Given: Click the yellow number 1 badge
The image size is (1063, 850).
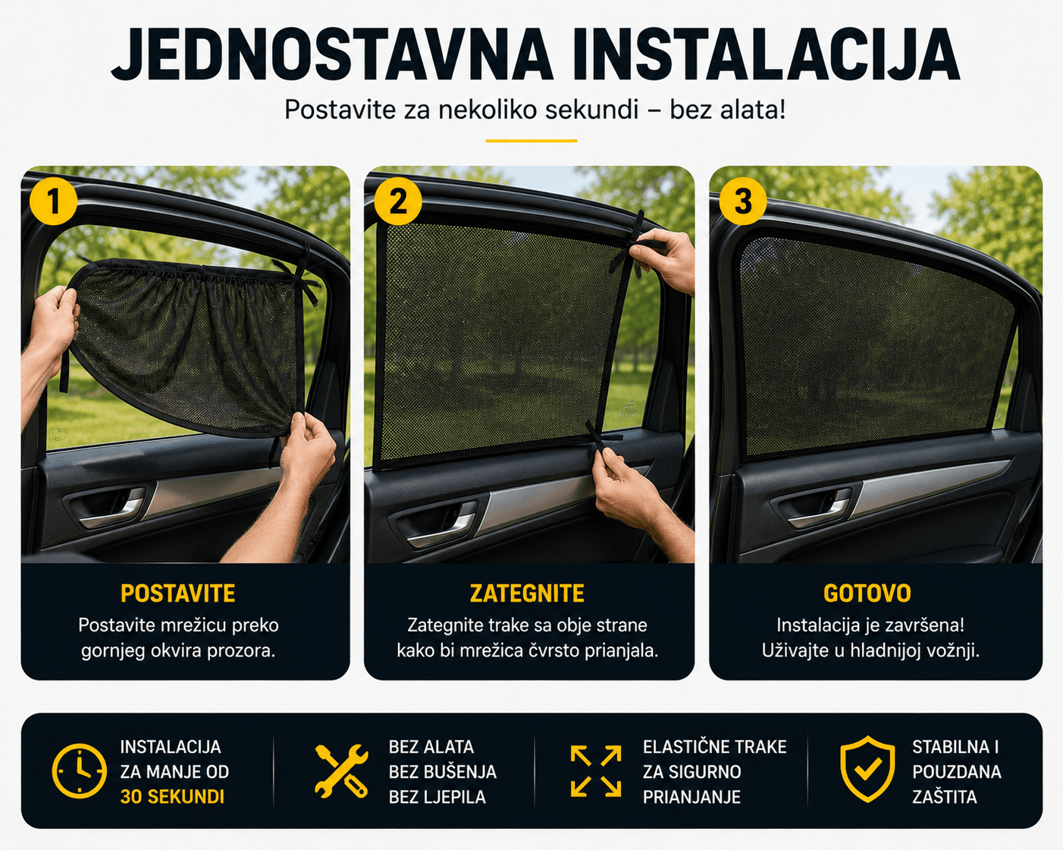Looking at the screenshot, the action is click(53, 201).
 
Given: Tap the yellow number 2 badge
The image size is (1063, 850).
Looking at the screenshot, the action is click(398, 201).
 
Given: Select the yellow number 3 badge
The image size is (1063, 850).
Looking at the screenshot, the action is click(742, 201).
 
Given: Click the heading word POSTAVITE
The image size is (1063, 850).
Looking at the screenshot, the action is click(178, 593).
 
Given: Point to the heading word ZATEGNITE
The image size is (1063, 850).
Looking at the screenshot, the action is click(527, 593).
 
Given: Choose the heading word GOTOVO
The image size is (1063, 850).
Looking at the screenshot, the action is click(867, 593).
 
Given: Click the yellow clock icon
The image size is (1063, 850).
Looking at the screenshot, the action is click(79, 771).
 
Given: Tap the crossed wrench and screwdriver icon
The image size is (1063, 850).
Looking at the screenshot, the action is click(341, 771).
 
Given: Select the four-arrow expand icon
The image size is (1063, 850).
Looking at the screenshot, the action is click(596, 771).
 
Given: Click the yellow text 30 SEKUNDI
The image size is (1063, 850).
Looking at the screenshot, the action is click(172, 797).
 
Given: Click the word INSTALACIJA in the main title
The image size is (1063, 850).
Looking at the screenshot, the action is click(766, 55).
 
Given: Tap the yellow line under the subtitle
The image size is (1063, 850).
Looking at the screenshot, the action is click(531, 141).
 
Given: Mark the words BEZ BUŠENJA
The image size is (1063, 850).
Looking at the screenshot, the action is click(443, 771).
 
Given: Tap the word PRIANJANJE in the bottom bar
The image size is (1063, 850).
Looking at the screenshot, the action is click(691, 797).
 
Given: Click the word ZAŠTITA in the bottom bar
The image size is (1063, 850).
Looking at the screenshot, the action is click(945, 797).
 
